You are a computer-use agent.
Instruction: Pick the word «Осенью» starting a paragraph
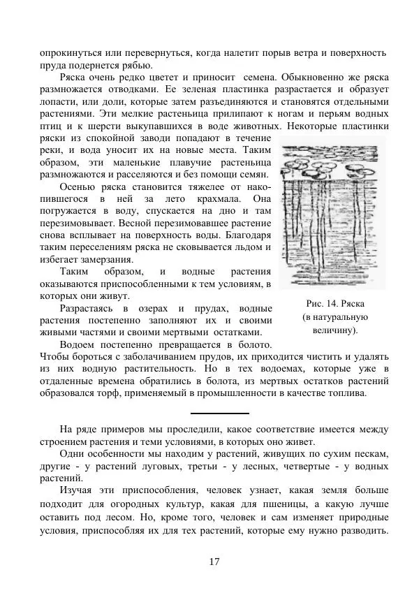tap(78, 187)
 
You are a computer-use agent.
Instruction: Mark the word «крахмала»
tap(209, 199)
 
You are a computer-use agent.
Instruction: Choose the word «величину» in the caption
tap(335, 329)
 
